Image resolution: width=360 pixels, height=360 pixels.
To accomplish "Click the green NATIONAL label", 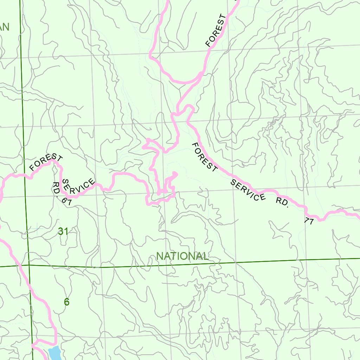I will click(182, 256).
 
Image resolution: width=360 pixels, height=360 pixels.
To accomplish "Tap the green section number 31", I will click(63, 231).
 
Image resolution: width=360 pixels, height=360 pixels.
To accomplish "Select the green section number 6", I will click(67, 302).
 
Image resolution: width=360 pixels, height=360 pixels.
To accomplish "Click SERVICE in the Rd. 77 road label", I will click(248, 190).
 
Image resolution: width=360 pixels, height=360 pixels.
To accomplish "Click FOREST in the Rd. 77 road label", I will click(205, 157).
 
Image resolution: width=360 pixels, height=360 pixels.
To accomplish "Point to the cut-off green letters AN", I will click(4, 27).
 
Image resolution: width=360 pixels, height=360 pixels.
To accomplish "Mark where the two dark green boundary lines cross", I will click(29, 265).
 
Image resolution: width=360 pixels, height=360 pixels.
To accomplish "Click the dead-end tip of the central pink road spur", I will click(175, 174).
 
